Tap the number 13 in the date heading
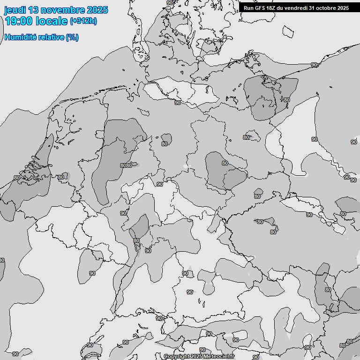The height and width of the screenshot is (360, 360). point(34,10)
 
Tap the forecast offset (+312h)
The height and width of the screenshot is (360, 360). point(83,21)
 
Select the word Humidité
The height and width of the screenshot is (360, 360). point(19,37)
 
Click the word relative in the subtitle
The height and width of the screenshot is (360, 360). point(50,37)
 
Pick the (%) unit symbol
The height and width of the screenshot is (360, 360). point(72,37)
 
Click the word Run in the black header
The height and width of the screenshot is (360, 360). point(248,7)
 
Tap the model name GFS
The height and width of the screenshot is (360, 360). point(260,7)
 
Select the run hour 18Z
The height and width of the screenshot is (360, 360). point(271,7)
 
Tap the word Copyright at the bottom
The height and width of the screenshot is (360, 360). point(177,357)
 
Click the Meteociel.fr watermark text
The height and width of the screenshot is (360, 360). point(219,357)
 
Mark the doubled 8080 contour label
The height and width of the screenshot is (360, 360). point(126,165)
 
